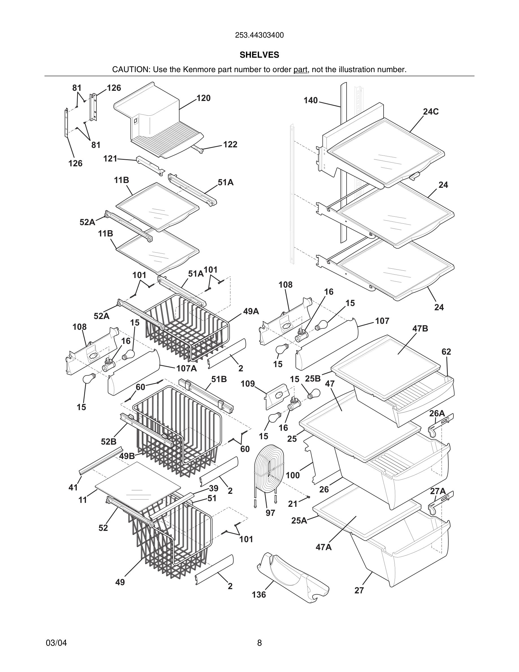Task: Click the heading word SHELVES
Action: (259, 55)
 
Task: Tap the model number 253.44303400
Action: (259, 35)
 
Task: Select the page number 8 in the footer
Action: (259, 643)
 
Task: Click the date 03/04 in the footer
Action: (56, 643)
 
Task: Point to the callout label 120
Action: (203, 98)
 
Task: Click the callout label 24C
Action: (431, 112)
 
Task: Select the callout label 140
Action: (311, 100)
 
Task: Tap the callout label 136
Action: (259, 595)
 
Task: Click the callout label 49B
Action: (127, 456)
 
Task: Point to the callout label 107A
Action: (186, 368)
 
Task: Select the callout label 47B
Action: (420, 329)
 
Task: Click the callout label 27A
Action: (438, 491)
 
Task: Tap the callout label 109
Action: (248, 384)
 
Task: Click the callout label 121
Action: (110, 158)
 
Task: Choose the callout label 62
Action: (446, 352)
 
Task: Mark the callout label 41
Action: (73, 487)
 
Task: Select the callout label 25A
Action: (299, 521)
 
